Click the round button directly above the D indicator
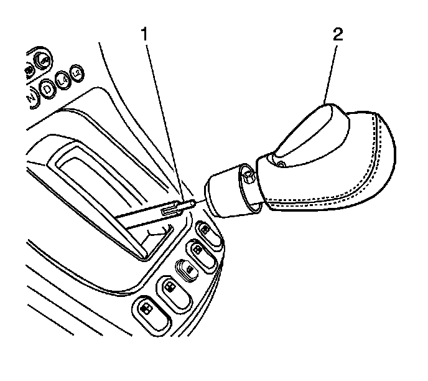(42, 60)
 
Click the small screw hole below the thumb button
(281, 164)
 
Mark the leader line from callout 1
(163, 118)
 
